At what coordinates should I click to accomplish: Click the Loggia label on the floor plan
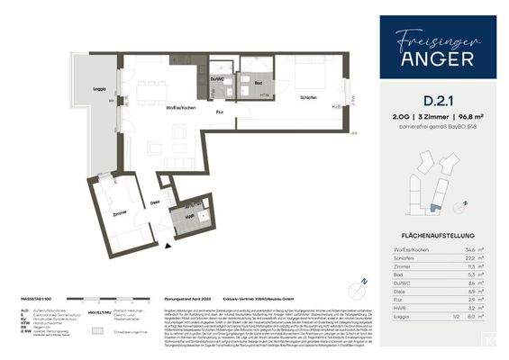100,91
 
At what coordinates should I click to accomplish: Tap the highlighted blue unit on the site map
435,206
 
